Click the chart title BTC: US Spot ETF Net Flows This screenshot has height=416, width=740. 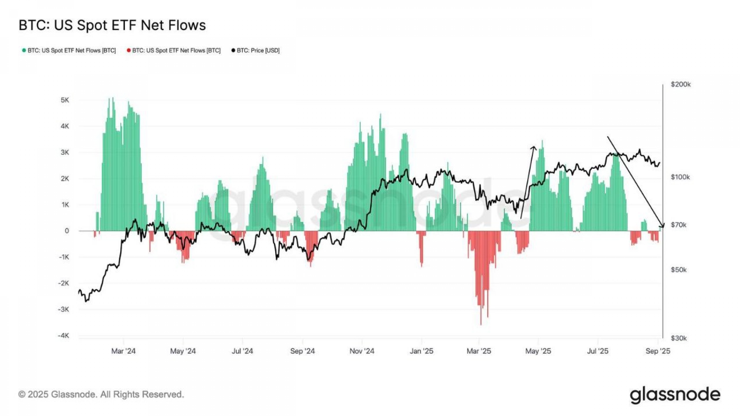coord(112,25)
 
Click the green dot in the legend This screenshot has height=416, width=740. coord(24,50)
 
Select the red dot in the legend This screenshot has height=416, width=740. coord(129,50)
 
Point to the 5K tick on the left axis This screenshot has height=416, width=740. coord(65,100)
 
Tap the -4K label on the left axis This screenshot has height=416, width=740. coord(64,335)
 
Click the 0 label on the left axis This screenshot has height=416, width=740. coord(67,231)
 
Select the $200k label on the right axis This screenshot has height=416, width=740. coord(681,84)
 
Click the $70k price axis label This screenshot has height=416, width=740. coord(679,225)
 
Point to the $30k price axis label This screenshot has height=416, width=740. coord(679,338)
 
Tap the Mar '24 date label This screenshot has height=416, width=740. coord(123,351)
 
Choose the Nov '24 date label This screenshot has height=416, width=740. coord(362,351)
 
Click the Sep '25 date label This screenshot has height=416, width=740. coord(658,351)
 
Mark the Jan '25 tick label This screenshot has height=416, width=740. coord(421,351)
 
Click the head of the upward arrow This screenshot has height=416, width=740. coord(534,147)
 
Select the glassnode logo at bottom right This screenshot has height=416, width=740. coord(675,395)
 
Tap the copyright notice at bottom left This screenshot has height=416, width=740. coord(101,394)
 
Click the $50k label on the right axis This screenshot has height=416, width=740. coord(679,270)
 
